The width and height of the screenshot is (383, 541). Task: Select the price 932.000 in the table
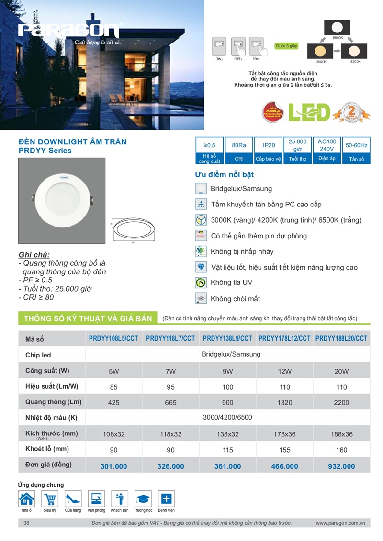tap(341, 466)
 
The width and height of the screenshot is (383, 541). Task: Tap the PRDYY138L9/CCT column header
tap(227, 339)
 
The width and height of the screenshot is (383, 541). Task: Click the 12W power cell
tap(284, 371)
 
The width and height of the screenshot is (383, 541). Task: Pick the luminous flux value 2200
tap(341, 403)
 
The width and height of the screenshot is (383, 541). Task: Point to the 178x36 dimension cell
tap(284, 434)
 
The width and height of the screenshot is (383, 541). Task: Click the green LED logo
tap(309, 112)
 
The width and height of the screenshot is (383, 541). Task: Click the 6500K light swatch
tap(337, 27)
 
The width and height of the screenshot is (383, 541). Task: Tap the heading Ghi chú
tap(34, 254)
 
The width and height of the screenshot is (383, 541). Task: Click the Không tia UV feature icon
tap(201, 282)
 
